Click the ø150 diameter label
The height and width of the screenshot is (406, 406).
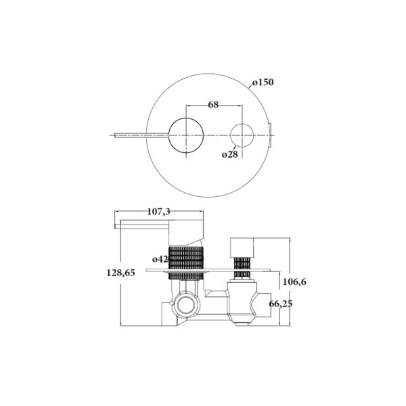(x=263, y=83)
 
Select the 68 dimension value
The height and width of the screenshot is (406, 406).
(x=213, y=105)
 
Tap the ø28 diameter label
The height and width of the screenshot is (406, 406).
(x=229, y=154)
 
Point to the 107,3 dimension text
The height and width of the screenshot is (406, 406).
(x=159, y=212)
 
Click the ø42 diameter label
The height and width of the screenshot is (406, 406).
(x=160, y=259)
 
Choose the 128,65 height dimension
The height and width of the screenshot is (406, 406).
(x=121, y=273)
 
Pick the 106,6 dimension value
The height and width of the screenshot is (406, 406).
(x=294, y=281)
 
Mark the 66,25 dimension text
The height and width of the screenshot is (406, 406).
(x=281, y=303)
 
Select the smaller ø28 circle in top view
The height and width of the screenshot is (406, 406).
(x=242, y=124)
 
